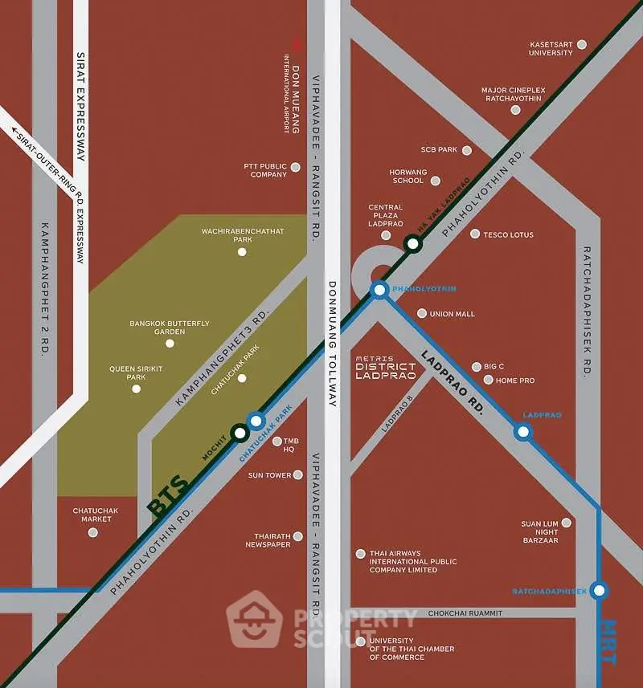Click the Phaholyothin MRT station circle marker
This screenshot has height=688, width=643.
point(379,289)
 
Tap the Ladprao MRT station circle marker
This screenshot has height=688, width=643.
point(523,432)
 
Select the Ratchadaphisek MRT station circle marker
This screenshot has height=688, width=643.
point(599,591)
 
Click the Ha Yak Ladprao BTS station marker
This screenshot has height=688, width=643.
point(413,243)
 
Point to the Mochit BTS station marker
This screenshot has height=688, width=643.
point(239,434)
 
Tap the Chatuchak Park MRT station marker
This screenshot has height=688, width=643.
point(256,421)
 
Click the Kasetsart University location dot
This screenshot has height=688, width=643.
point(582,45)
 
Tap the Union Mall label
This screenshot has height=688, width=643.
point(453,314)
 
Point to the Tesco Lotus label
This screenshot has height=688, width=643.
point(508,234)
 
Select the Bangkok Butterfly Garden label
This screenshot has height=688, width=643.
point(169,328)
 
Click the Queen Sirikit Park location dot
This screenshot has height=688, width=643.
point(136,389)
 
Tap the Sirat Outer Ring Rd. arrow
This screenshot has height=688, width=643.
point(18,130)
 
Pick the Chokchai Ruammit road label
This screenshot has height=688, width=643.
point(465,613)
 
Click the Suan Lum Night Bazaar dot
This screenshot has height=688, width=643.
point(566,523)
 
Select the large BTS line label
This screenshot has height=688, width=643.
point(168,495)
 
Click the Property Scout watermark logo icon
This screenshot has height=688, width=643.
point(254,620)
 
